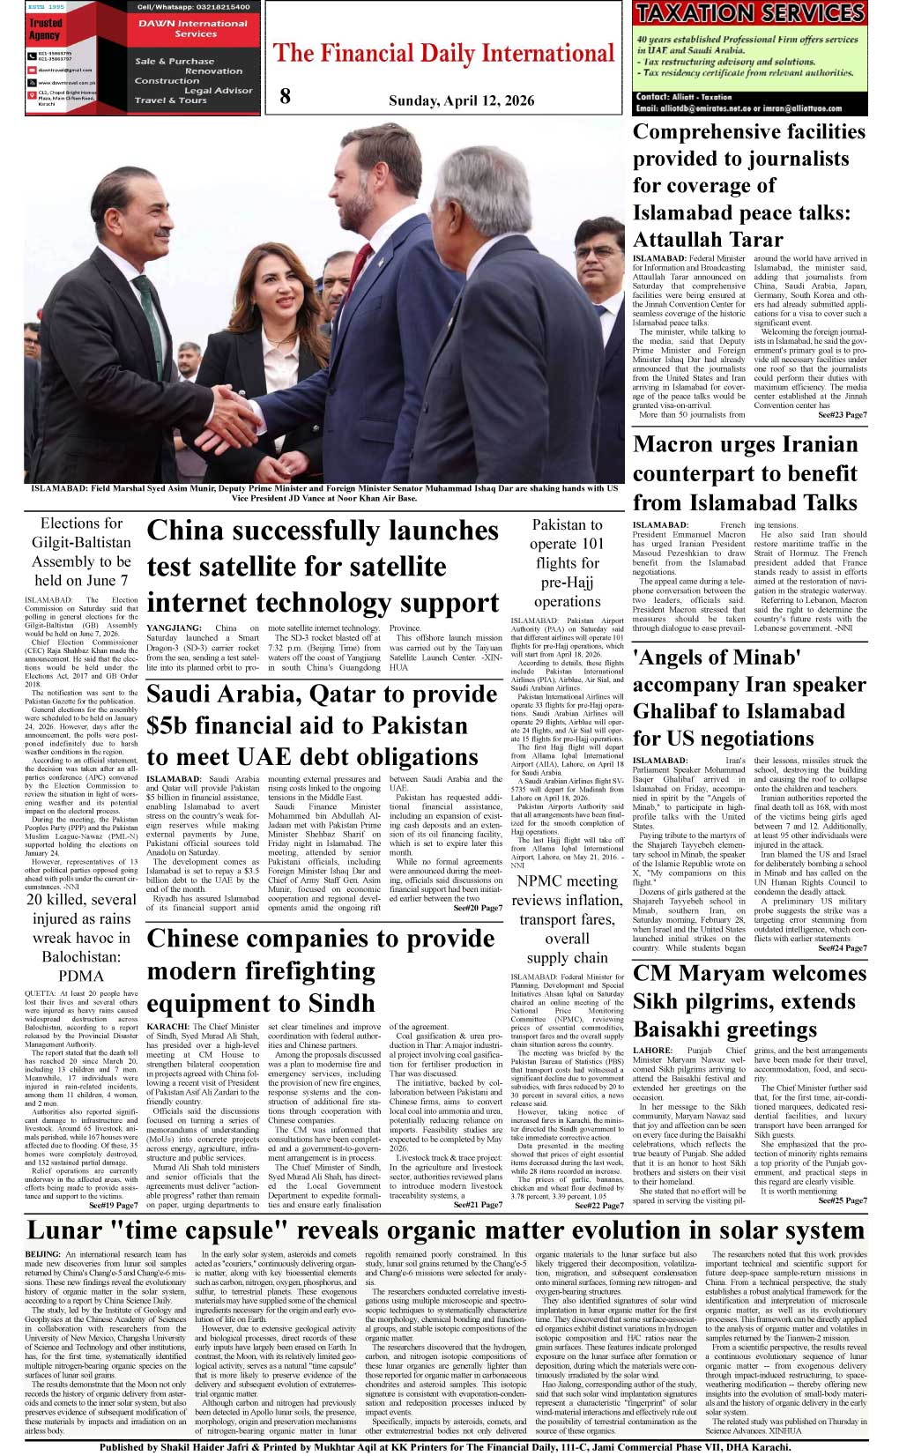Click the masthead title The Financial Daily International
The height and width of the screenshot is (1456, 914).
pyautogui.click(x=443, y=54)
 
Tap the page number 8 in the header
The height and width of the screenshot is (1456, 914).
pyautogui.click(x=285, y=97)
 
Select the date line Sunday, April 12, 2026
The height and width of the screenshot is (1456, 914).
pyautogui.click(x=461, y=100)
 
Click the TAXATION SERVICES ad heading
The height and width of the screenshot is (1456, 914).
pyautogui.click(x=750, y=13)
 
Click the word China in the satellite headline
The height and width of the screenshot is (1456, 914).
pyautogui.click(x=187, y=531)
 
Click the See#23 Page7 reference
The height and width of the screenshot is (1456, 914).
pyautogui.click(x=842, y=414)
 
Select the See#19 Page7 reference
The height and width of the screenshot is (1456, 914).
pyautogui.click(x=113, y=1205)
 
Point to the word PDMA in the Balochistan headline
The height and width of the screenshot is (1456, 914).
pyautogui.click(x=81, y=977)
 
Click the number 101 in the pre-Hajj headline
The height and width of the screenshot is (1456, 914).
pyautogui.click(x=591, y=544)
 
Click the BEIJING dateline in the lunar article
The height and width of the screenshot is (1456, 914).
pyautogui.click(x=43, y=1254)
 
